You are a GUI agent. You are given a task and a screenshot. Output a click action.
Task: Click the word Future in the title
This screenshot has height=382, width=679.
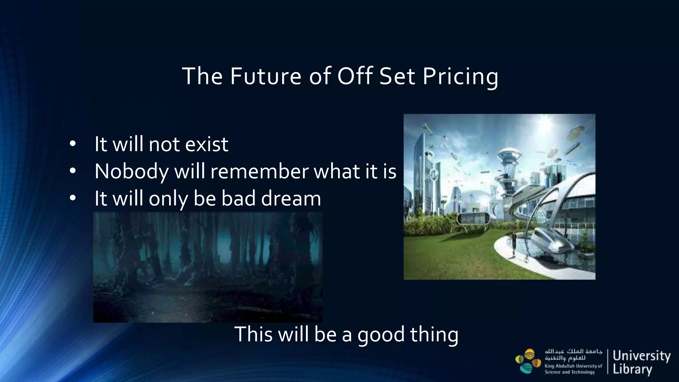266,76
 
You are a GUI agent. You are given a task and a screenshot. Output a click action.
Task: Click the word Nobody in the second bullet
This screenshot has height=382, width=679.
131,171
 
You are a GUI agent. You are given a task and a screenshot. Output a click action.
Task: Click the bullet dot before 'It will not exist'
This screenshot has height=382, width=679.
73,144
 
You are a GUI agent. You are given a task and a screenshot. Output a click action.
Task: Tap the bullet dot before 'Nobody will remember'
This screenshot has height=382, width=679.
73,171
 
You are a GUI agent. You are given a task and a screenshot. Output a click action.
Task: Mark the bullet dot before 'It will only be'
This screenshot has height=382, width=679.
73,199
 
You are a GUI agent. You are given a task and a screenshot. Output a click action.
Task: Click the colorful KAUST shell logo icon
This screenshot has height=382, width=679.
527,361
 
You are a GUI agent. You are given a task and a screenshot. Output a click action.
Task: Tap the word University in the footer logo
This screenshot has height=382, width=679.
641,356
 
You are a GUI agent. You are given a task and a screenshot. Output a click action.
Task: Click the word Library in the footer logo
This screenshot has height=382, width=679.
632,369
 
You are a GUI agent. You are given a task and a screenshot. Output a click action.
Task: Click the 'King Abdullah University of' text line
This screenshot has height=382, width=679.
573,366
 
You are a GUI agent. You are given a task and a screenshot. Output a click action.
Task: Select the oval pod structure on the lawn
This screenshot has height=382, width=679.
473,219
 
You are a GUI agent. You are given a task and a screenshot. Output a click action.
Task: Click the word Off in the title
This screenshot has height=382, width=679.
355,76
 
